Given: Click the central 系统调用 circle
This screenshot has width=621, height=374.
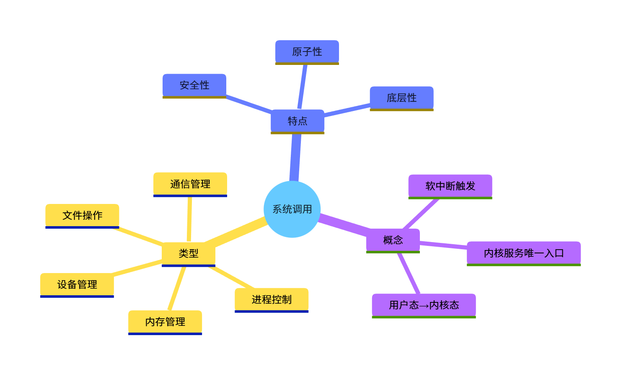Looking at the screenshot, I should pyautogui.click(x=292, y=209).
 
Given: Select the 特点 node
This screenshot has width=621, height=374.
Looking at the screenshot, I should pyautogui.click(x=298, y=121).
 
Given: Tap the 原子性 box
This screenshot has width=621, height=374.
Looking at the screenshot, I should pyautogui.click(x=307, y=52).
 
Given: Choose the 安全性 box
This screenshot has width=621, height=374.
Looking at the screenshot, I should pyautogui.click(x=194, y=85).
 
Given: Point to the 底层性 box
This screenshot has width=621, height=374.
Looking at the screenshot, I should pyautogui.click(x=401, y=98).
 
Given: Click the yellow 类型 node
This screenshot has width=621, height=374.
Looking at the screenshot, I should pyautogui.click(x=189, y=253).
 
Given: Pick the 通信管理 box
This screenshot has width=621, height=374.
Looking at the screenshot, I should pyautogui.click(x=190, y=184).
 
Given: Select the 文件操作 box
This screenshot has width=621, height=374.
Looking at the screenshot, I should pyautogui.click(x=82, y=215).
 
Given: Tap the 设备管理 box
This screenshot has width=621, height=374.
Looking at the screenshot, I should pyautogui.click(x=77, y=284).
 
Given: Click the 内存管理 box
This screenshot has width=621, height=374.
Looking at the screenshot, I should pyautogui.click(x=165, y=322).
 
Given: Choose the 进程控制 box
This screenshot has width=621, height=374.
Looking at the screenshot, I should pyautogui.click(x=272, y=299).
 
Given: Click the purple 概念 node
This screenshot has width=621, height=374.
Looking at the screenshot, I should pyautogui.click(x=393, y=240).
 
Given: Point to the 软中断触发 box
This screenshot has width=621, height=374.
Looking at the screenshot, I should pyautogui.click(x=450, y=186).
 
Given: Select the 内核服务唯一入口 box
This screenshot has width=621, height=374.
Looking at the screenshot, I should pyautogui.click(x=524, y=253).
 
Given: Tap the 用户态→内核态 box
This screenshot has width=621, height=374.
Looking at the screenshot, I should pyautogui.click(x=424, y=305).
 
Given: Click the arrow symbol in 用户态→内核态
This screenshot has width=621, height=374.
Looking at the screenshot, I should pyautogui.click(x=424, y=306).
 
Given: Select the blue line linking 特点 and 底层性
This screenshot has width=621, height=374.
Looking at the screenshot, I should pyautogui.click(x=347, y=110).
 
